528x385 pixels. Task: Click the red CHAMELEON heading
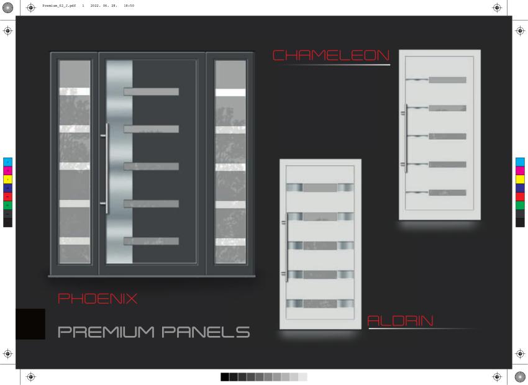point(330,55)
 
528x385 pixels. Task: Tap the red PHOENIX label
point(98,299)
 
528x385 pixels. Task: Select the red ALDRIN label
point(400,321)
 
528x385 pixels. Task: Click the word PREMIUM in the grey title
point(106,332)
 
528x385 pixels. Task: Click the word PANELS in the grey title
point(206,332)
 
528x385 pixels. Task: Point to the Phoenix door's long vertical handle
point(107,168)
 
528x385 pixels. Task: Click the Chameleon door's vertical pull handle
point(406,138)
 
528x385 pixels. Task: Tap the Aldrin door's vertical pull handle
point(286,247)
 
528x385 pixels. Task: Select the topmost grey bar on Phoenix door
point(151,91)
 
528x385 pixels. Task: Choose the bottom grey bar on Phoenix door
point(151,241)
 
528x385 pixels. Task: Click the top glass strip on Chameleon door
point(447,80)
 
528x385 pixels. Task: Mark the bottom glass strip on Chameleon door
point(447,193)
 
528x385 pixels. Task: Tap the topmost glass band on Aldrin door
point(320,188)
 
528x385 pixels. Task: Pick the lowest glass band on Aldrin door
point(320,304)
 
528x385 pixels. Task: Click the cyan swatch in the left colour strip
point(7,162)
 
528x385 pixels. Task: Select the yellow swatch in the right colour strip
point(520,179)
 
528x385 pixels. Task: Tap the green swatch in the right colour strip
point(520,206)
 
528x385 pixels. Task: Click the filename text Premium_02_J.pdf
point(59,6)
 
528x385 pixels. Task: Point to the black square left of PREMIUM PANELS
point(30,324)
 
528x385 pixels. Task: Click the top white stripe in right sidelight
point(230,93)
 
